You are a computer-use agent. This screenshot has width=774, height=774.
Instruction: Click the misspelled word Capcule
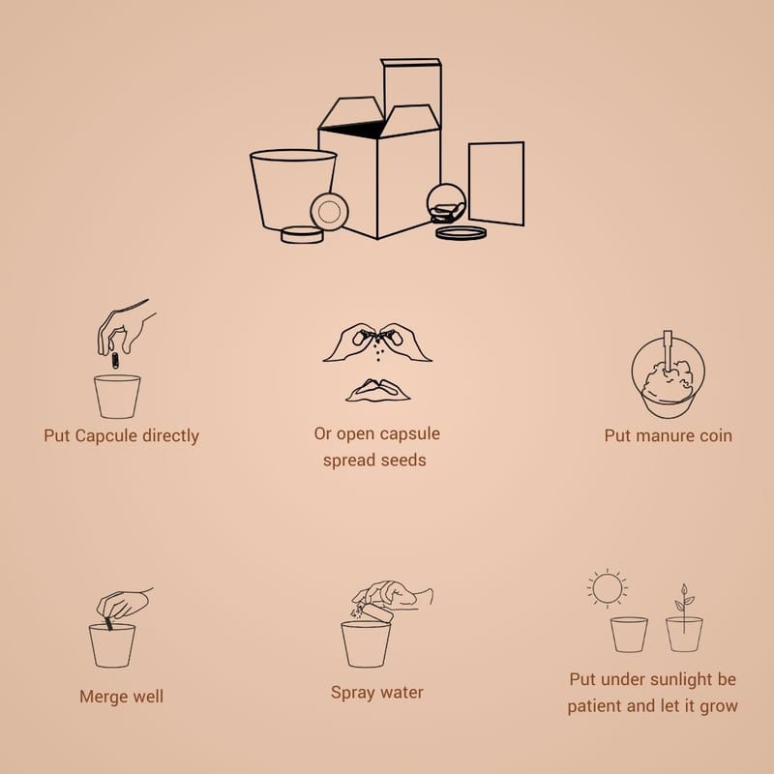pos(106,436)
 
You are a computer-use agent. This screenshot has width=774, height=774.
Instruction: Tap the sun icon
pos(608,588)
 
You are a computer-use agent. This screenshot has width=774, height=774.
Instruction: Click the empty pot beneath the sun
pos(629,635)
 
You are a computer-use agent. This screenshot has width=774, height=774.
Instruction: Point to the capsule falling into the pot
pos(115,360)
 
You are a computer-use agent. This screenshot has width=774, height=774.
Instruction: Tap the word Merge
pos(99,697)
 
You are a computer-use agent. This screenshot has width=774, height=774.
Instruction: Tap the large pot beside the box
pos(293,192)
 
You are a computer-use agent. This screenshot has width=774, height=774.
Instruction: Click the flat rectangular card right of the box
pos(496,184)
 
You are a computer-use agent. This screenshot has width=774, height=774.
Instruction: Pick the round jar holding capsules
pos(446,204)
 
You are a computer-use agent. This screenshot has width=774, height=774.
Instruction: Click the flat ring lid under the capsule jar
pos(461,233)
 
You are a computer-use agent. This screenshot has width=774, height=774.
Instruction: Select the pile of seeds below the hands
pos(378,391)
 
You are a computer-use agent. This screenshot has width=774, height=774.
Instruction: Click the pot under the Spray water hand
pos(366,644)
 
